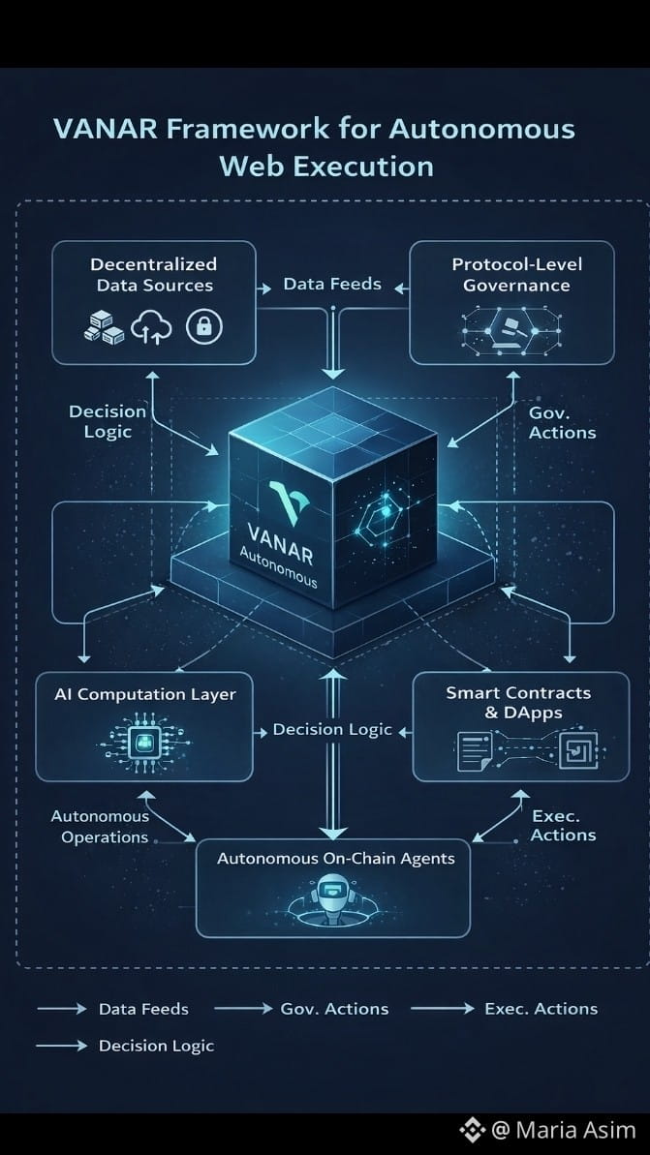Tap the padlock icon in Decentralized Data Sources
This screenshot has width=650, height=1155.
(x=204, y=327)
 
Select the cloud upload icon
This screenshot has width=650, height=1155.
(x=152, y=328)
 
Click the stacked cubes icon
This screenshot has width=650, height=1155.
(x=105, y=328)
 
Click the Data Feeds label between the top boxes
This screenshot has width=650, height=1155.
(x=332, y=285)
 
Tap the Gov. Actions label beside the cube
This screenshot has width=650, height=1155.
(x=562, y=422)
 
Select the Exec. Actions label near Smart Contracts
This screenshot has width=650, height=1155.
(x=563, y=826)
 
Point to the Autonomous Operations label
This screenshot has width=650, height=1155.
(x=102, y=827)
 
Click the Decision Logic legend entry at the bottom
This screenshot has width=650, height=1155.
(x=156, y=1046)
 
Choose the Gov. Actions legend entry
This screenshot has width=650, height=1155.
(x=334, y=1009)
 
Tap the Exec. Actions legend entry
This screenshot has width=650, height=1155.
(x=541, y=1009)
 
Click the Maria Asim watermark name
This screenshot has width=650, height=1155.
(x=575, y=1130)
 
